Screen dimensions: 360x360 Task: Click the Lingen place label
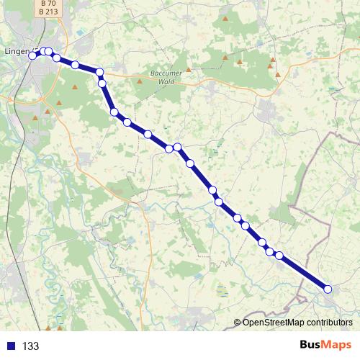pos(16,52)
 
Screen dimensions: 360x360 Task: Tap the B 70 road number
pos(48,3)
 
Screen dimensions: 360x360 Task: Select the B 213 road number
pos(48,12)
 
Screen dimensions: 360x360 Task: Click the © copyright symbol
pos(238,323)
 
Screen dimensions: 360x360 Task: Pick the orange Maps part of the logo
pos(338,345)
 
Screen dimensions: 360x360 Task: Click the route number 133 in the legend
pos(30,346)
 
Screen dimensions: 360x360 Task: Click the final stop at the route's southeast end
pos(328,289)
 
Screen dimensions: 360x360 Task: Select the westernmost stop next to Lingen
pos(32,55)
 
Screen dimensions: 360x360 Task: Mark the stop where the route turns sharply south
pos(100,72)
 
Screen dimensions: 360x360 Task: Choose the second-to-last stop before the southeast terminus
pos(279,255)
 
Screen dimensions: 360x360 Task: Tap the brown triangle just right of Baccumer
pos(189,70)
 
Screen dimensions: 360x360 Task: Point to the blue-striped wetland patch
pos(223,291)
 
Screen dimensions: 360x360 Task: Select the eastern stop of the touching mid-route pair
pos(177,148)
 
